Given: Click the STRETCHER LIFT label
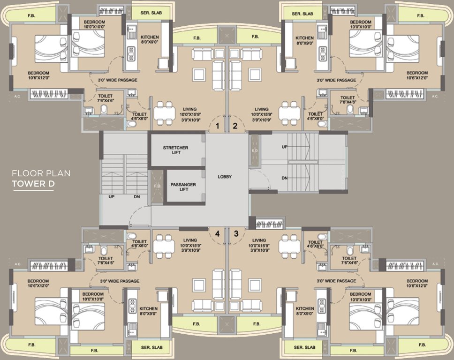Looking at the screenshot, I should [175, 150].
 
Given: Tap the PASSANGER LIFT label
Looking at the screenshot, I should [183, 187].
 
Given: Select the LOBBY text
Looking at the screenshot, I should [225, 177].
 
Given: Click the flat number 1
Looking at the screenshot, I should [217, 126].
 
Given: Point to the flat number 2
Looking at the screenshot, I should [235, 126].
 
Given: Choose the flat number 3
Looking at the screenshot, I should [236, 233].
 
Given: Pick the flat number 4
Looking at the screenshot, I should [217, 233].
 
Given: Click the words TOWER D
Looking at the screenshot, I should [33, 184].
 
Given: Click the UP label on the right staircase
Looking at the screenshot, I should [284, 147].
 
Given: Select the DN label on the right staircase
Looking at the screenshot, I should [284, 178].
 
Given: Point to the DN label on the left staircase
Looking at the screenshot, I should [136, 197].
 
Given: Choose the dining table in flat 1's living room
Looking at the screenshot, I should [164, 113].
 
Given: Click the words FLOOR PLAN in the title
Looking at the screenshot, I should [41, 173].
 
